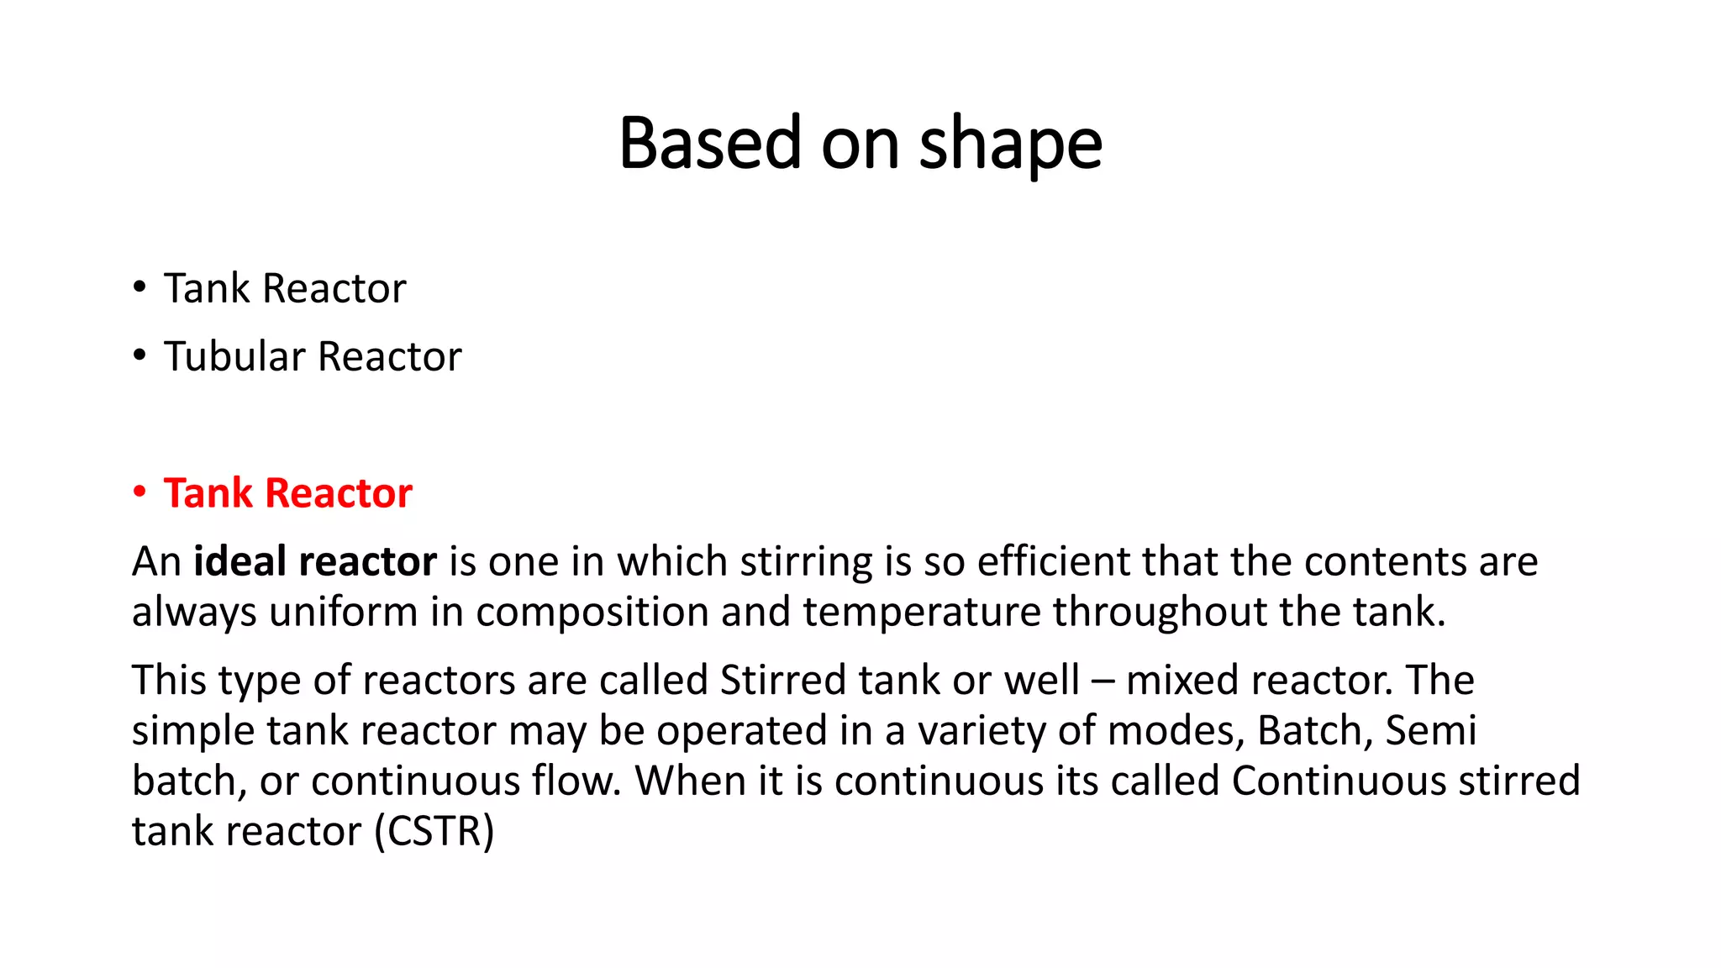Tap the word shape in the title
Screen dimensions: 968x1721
click(1010, 145)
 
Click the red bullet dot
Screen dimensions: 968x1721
click(139, 492)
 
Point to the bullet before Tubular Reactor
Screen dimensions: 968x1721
click(139, 355)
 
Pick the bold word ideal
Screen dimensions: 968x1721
click(240, 561)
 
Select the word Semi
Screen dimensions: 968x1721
click(1430, 730)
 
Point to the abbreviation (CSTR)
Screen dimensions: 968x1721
click(434, 832)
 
